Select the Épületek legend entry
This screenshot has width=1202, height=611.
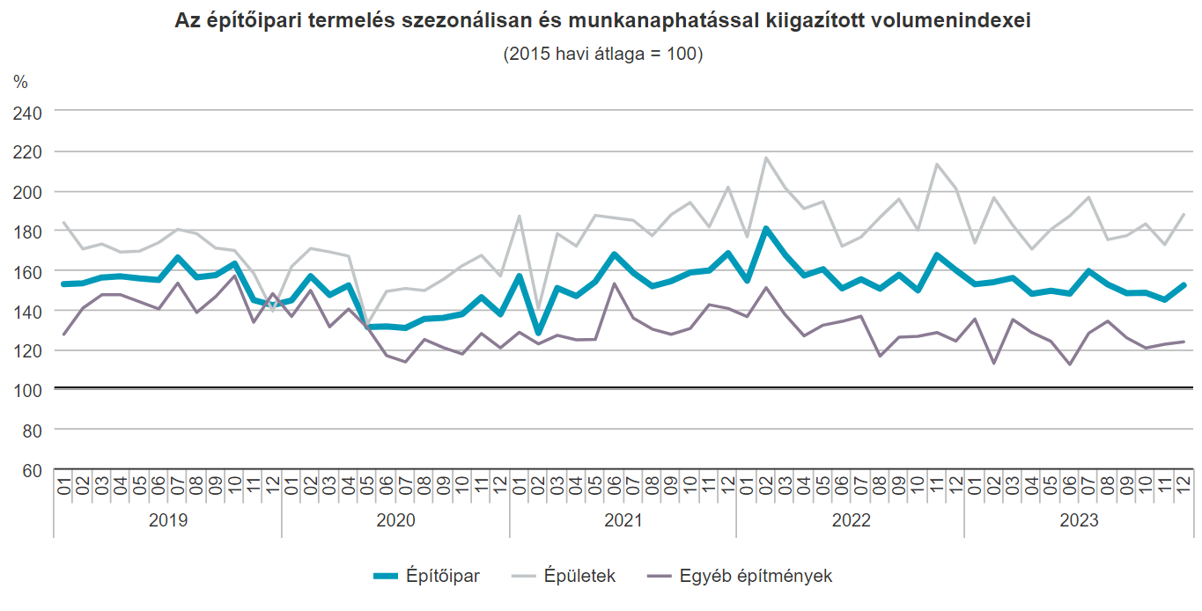click(x=579, y=577)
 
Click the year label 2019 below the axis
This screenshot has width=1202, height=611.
click(x=167, y=520)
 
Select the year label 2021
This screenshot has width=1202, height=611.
click(x=623, y=520)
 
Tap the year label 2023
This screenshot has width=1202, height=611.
click(x=1079, y=520)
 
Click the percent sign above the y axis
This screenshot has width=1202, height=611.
click(x=20, y=82)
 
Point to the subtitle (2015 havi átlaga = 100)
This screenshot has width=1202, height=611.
click(x=602, y=54)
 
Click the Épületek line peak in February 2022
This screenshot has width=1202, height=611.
click(x=766, y=158)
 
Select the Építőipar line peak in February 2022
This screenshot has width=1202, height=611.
click(x=766, y=229)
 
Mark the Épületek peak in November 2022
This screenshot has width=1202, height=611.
click(x=937, y=164)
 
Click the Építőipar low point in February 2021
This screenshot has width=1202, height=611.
click(x=538, y=333)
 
